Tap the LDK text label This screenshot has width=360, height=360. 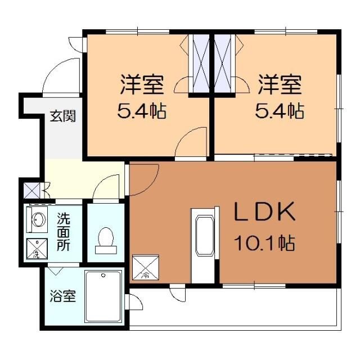(x=264, y=213)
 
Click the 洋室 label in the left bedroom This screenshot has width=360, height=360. (x=142, y=85)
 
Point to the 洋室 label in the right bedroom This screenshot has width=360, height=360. (x=280, y=85)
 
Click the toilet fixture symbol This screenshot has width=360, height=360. (x=105, y=238)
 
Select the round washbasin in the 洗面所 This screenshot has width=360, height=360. (x=38, y=219)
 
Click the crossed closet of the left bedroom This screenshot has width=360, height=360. (x=200, y=64)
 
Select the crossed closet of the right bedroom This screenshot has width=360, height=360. (x=223, y=64)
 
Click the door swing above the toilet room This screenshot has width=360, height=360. (x=107, y=188)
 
